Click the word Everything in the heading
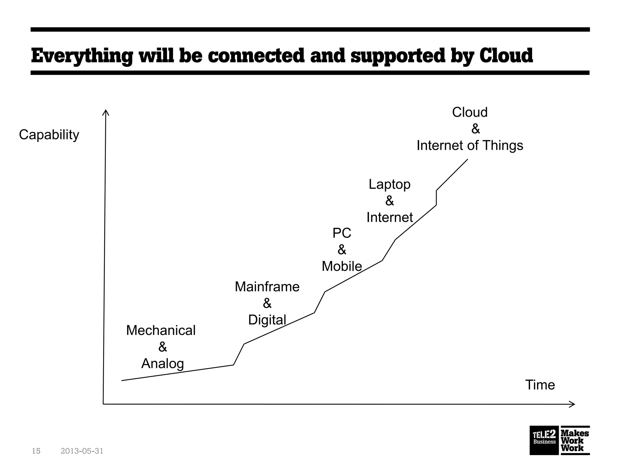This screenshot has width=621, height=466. [82, 56]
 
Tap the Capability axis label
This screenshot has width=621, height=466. [49, 135]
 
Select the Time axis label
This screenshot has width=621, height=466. [540, 385]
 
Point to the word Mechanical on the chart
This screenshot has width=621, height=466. [161, 331]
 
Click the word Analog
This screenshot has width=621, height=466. [163, 363]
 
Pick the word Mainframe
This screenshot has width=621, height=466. [267, 287]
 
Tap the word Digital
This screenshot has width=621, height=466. [267, 320]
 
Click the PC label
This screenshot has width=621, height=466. [342, 233]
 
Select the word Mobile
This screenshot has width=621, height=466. [342, 266]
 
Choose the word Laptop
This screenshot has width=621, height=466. [389, 184]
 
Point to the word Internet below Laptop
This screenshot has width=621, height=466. [390, 218]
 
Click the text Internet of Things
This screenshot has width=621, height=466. [470, 146]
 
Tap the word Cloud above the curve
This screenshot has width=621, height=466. [470, 113]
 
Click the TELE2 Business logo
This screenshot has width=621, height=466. [544, 440]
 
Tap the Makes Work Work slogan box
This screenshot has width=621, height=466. [575, 440]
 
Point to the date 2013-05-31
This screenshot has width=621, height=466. [82, 451]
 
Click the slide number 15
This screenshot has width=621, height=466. [36, 451]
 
